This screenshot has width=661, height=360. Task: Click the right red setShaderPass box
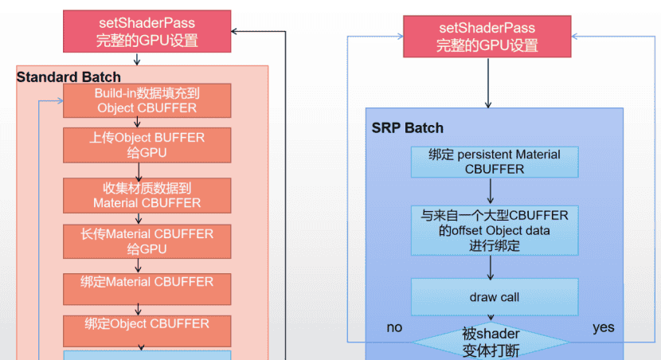pyautogui.click(x=487, y=37)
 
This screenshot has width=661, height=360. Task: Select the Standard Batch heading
pyautogui.click(x=68, y=77)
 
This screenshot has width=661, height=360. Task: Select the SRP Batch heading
pyautogui.click(x=407, y=128)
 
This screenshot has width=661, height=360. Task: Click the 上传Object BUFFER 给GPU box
pyautogui.click(x=147, y=144)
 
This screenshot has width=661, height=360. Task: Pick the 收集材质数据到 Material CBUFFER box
pyautogui.click(x=147, y=195)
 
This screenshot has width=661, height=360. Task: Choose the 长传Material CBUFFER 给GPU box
pyautogui.click(x=147, y=241)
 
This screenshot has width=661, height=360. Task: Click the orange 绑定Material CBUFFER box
pyautogui.click(x=147, y=284)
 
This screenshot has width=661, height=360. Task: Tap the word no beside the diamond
pyautogui.click(x=394, y=327)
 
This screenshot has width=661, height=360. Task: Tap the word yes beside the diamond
pyautogui.click(x=603, y=327)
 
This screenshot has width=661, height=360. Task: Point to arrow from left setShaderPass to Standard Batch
pyautogui.click(x=137, y=58)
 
